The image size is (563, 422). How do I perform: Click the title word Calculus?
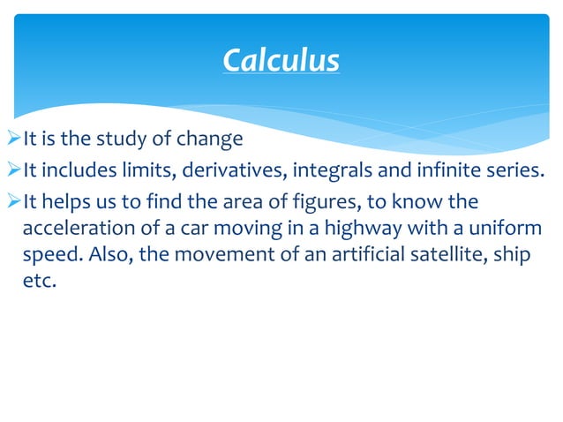pyautogui.click(x=281, y=61)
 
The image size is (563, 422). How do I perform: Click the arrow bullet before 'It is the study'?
pyautogui.click(x=11, y=139)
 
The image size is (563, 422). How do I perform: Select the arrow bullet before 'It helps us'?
pyautogui.click(x=11, y=202)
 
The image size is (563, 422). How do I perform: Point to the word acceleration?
pyautogui.click(x=71, y=229)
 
